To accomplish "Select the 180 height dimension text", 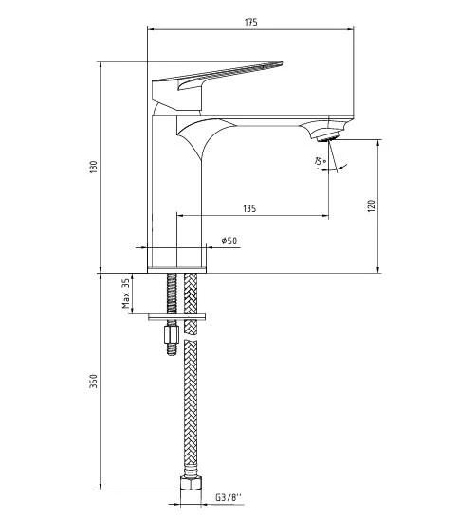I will pyautogui.click(x=93, y=168).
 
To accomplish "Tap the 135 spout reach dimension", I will pyautogui.click(x=248, y=208).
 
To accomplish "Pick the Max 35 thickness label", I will pyautogui.click(x=125, y=294).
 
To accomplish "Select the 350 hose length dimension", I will pyautogui.click(x=93, y=381).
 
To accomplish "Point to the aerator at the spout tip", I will pyautogui.click(x=327, y=135).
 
